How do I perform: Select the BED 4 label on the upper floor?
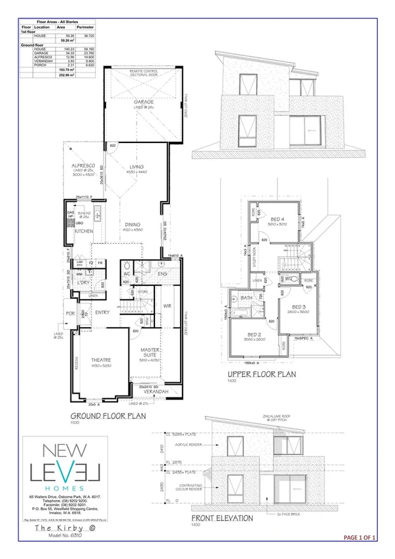(x=278, y=220)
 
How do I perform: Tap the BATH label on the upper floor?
(x=247, y=299)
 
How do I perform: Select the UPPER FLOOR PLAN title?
(x=262, y=373)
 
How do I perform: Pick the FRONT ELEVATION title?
(x=228, y=518)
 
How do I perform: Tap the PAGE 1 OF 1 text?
(x=360, y=539)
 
